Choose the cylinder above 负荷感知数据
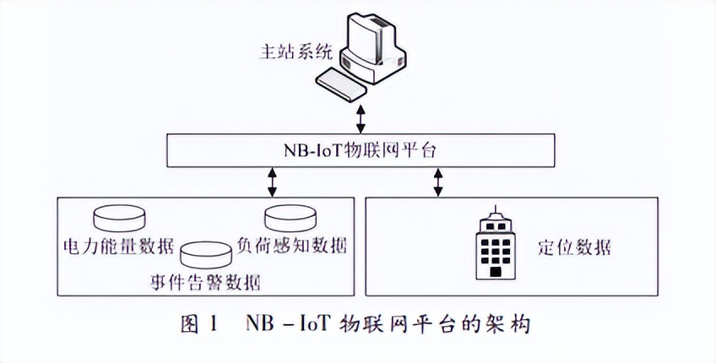[x=291, y=218]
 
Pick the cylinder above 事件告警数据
[x=205, y=253]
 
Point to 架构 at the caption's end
[x=509, y=323]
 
